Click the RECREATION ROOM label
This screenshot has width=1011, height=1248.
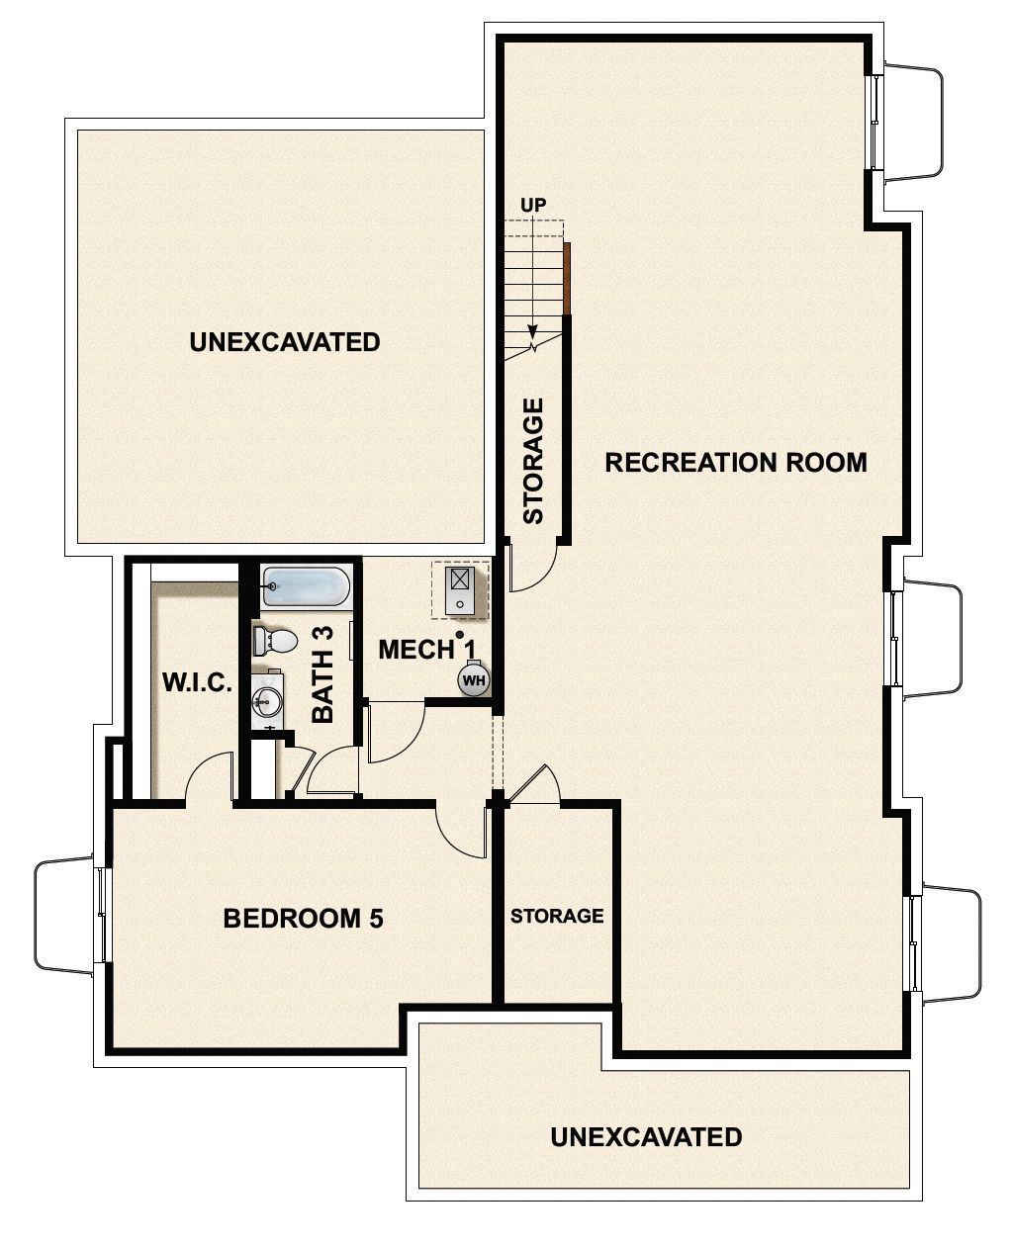coord(735,462)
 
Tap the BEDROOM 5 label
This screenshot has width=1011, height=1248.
coord(303,918)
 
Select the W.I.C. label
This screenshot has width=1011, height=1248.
coord(197,682)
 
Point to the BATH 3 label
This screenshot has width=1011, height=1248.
coord(323,674)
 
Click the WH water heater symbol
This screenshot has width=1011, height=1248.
coord(474,680)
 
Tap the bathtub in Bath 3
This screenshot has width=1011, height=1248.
coord(306,586)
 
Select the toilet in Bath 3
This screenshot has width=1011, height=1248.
coord(275,641)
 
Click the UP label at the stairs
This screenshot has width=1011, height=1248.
coord(533,205)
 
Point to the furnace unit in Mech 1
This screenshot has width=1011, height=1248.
coord(460,589)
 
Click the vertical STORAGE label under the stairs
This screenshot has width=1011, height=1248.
coord(533,460)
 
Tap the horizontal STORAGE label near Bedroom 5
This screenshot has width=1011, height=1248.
coord(557,916)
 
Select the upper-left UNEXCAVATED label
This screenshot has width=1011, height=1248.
coord(284,342)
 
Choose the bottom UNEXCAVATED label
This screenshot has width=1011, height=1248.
coord(646,1136)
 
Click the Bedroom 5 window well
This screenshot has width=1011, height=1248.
coord(65,915)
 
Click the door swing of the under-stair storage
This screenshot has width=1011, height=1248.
coord(531,571)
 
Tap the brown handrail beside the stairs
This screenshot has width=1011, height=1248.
coord(568,278)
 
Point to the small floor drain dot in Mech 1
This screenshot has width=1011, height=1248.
coord(460,635)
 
